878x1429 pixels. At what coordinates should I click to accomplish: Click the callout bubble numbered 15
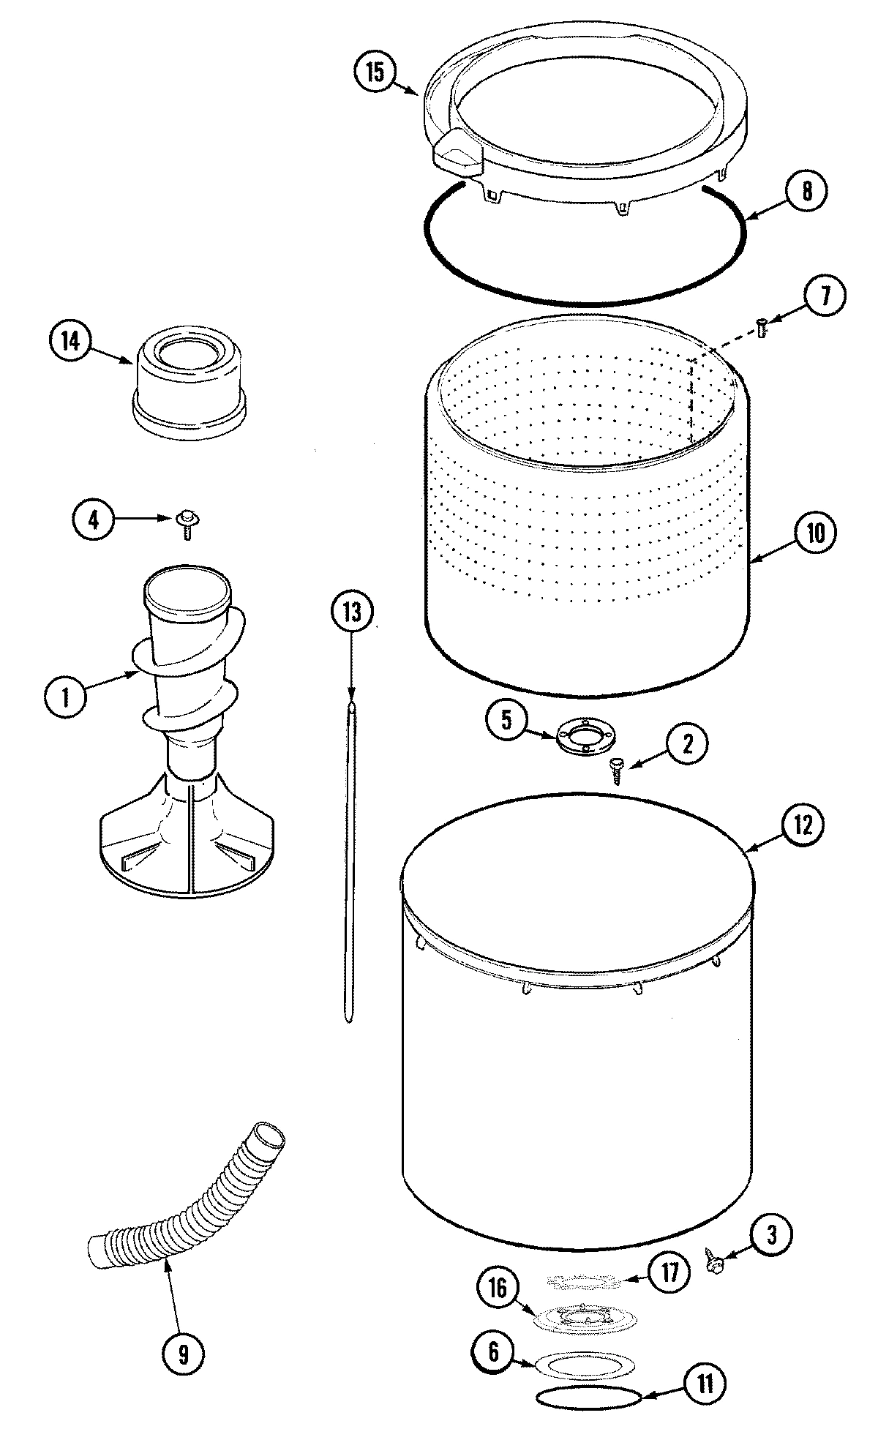point(374,73)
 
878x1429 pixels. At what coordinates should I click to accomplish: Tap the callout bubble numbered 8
point(806,191)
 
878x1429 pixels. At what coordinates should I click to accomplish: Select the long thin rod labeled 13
point(350,863)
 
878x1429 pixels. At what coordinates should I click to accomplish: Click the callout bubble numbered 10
point(814,533)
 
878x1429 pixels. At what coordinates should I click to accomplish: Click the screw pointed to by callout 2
point(617,770)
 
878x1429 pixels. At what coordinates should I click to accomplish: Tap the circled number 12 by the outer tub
point(802,825)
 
